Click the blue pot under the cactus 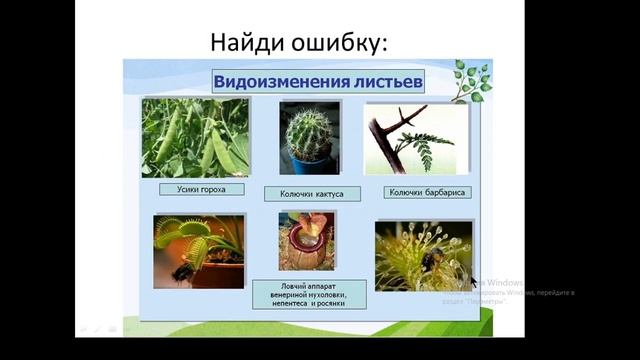(304, 166)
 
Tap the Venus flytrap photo (199, 250)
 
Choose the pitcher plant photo (307, 241)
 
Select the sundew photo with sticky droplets (423, 255)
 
